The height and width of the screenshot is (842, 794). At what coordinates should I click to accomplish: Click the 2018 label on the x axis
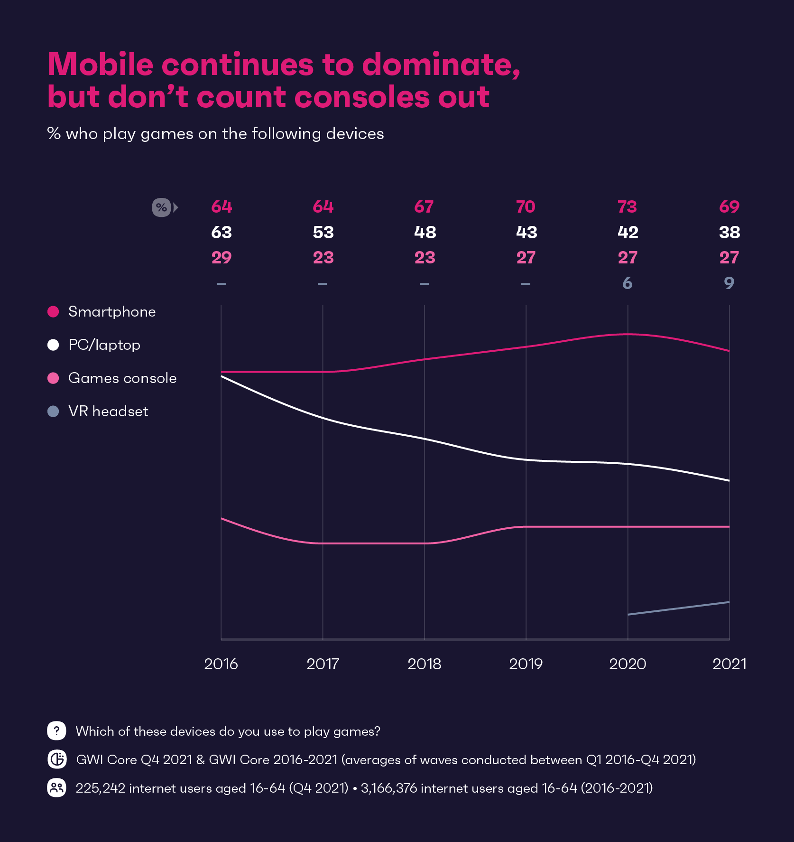point(424,664)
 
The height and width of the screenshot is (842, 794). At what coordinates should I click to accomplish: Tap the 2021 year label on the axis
point(729,664)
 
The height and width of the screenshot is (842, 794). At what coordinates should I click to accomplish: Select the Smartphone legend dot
point(53,311)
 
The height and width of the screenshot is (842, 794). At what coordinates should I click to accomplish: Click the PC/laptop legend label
point(104,345)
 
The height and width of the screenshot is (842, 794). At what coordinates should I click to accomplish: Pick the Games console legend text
point(122,378)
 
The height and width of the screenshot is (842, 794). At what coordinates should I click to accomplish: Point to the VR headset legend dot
point(53,411)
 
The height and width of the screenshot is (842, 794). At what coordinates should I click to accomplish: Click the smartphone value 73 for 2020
point(627,207)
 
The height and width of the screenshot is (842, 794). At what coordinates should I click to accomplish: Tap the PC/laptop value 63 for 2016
point(222,232)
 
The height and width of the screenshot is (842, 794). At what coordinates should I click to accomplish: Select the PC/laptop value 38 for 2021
point(729,232)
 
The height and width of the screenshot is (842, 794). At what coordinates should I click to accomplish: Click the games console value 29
point(222,258)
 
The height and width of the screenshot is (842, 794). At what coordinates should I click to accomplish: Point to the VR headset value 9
point(729,283)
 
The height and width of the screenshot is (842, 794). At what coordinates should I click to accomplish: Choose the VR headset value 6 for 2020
point(627,283)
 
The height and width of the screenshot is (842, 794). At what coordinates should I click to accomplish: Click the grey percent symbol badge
point(161,207)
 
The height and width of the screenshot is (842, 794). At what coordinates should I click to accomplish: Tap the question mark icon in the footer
point(56,730)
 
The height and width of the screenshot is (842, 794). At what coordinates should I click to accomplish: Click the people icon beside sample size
point(56,788)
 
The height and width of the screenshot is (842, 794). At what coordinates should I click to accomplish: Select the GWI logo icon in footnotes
point(57,759)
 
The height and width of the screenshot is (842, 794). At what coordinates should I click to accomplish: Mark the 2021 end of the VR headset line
point(729,602)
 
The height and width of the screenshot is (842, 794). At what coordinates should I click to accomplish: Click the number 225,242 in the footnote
point(100,788)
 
